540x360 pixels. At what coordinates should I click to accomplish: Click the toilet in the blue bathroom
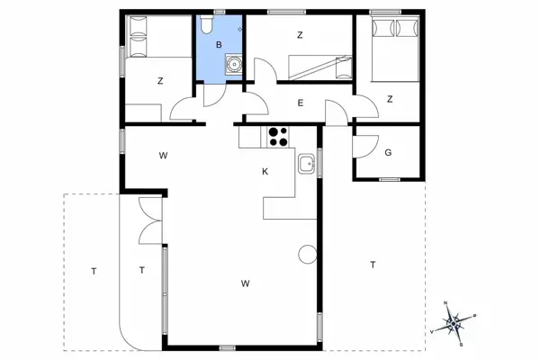pyautogui.click(x=207, y=24)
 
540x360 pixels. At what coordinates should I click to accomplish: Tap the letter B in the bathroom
pyautogui.click(x=219, y=45)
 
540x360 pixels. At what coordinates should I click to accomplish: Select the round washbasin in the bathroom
pyautogui.click(x=234, y=64)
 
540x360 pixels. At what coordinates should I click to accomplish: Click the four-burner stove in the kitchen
pyautogui.click(x=278, y=137)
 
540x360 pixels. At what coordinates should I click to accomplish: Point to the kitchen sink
pyautogui.click(x=307, y=164)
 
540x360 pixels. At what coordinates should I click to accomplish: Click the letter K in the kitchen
pyautogui.click(x=265, y=172)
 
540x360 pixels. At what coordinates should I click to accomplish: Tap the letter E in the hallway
pyautogui.click(x=301, y=103)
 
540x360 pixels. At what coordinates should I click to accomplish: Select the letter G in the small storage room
pyautogui.click(x=388, y=153)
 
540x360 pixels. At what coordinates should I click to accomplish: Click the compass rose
pyautogui.click(x=454, y=322)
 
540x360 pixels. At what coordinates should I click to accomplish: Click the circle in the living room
pyautogui.click(x=308, y=254)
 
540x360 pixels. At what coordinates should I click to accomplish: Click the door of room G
pyautogui.click(x=365, y=147)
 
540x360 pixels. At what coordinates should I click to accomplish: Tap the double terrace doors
pyautogui.click(x=150, y=220)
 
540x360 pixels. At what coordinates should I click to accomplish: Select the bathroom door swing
pyautogui.click(x=215, y=95)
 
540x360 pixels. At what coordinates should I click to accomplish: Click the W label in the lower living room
pyautogui.click(x=245, y=283)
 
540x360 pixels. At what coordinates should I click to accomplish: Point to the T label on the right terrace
pyautogui.click(x=373, y=265)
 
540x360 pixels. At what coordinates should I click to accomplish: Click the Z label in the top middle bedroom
pyautogui.click(x=300, y=35)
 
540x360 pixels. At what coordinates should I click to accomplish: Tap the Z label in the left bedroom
pyautogui.click(x=160, y=81)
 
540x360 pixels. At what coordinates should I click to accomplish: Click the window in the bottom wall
pyautogui.click(x=228, y=348)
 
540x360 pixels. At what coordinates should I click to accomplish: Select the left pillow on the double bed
pyautogui.click(x=383, y=28)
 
